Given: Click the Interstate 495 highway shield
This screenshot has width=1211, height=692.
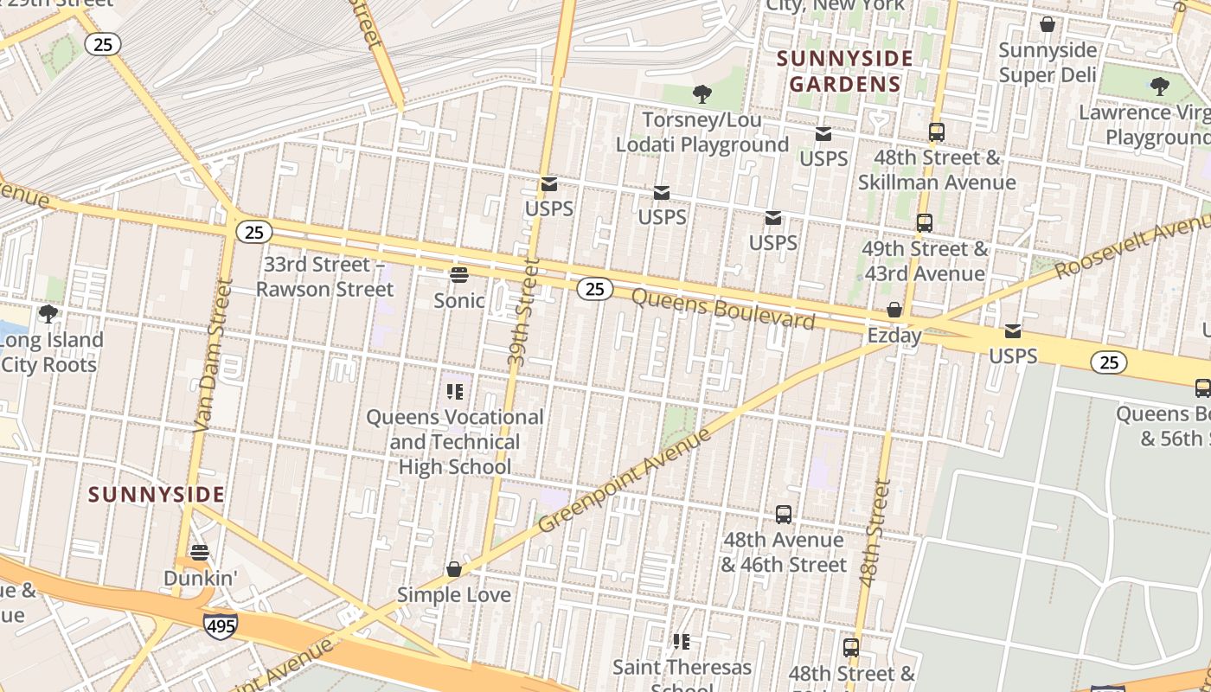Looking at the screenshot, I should [221, 625].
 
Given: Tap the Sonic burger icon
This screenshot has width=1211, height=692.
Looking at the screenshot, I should [458, 275].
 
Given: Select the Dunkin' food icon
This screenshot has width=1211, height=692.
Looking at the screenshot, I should [200, 552].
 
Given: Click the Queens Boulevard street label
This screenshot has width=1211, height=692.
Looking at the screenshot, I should [723, 309].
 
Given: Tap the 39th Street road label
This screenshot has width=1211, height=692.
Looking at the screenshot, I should [523, 316].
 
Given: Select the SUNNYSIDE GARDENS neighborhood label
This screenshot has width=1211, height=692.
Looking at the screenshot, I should [844, 71].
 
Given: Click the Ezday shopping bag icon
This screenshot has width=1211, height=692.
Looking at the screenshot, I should [894, 310].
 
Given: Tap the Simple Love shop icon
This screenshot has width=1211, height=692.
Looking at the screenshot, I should [453, 569].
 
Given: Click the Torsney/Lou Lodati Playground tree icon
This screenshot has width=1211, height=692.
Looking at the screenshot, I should [702, 93].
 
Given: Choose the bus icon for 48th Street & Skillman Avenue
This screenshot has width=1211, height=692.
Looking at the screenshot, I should [936, 132].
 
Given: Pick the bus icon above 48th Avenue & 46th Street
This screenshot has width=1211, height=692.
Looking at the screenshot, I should [783, 515].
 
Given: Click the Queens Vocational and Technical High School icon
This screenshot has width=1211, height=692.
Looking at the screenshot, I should [455, 392].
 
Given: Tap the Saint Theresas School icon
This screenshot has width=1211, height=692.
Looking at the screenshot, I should [682, 641].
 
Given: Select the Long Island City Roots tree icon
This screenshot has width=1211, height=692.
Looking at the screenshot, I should [48, 313].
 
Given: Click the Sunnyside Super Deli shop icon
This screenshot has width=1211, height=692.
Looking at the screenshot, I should [1047, 24].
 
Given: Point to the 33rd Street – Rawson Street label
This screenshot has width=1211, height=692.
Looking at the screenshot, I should [324, 276].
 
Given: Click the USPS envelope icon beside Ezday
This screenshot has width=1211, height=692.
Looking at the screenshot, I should [1012, 331].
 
